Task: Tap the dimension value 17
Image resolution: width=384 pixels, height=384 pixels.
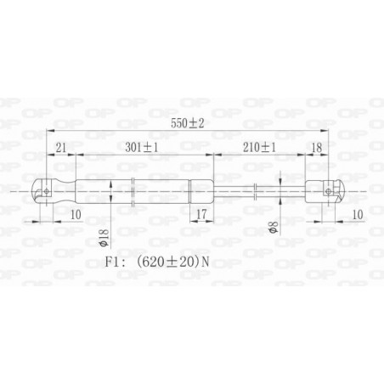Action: pos(200,212)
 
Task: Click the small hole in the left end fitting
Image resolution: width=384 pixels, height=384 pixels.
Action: pos(46,191)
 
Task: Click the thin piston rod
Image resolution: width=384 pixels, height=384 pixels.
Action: pos(272,191)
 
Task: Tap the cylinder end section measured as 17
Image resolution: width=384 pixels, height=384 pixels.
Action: pos(200,191)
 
